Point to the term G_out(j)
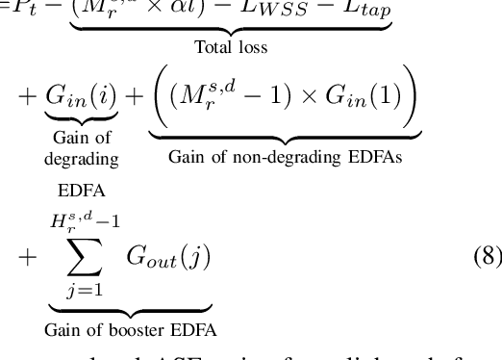(x=167, y=257)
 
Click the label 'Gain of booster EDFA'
(x=131, y=329)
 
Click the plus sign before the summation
(x=28, y=257)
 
